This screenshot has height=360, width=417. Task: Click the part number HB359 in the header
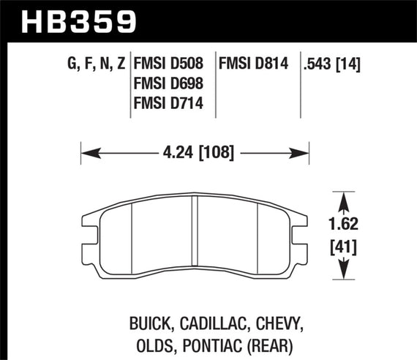[x=69, y=20]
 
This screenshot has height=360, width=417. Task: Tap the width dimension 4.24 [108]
[x=195, y=154]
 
